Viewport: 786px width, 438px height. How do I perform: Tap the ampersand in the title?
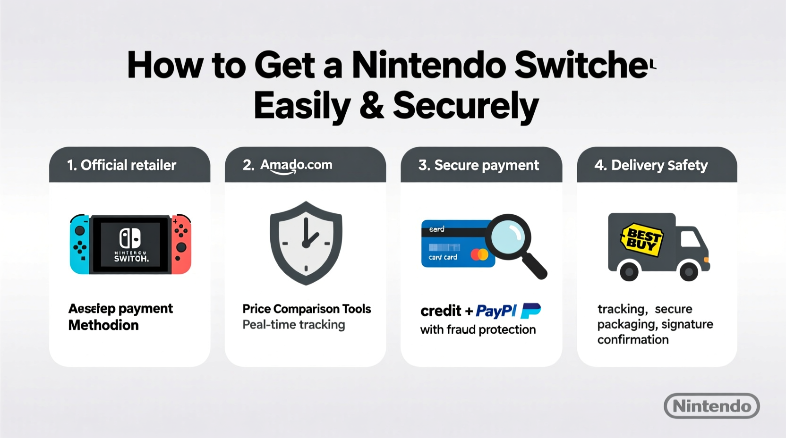pyautogui.click(x=371, y=106)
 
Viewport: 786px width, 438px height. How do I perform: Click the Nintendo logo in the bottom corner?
pyautogui.click(x=711, y=406)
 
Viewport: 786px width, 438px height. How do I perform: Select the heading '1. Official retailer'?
pyautogui.click(x=121, y=165)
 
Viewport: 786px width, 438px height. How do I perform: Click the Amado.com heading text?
pyautogui.click(x=296, y=165)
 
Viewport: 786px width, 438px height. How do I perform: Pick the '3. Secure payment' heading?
pyautogui.click(x=478, y=165)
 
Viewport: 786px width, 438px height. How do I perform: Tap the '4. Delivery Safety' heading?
pyautogui.click(x=651, y=165)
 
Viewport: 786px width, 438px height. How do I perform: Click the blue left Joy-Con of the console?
pyautogui.click(x=79, y=244)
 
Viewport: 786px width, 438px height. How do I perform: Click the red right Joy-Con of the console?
pyautogui.click(x=181, y=244)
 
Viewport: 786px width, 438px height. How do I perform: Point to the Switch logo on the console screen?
pyautogui.click(x=130, y=238)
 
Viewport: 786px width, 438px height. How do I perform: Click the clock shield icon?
pyautogui.click(x=306, y=243)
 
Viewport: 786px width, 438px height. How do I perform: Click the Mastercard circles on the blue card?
pyautogui.click(x=479, y=255)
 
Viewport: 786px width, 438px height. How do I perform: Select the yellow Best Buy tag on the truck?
pyautogui.click(x=642, y=239)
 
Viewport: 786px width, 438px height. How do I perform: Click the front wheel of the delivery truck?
pyautogui.click(x=688, y=271)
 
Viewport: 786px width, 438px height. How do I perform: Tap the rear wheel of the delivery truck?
pyautogui.click(x=629, y=271)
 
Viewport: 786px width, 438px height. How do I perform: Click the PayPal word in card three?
pyautogui.click(x=496, y=311)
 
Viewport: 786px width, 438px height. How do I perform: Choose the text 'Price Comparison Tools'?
pyautogui.click(x=307, y=309)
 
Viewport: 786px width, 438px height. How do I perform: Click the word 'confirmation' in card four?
pyautogui.click(x=632, y=340)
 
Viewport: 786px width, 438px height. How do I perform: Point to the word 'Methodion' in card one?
pyautogui.click(x=103, y=325)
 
